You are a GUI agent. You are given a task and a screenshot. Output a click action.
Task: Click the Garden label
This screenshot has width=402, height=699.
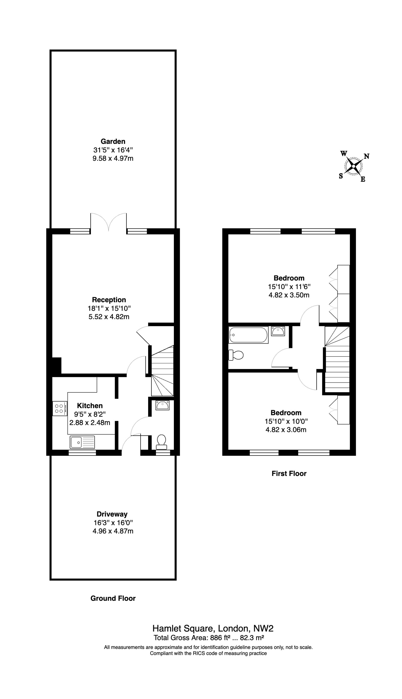(113, 141)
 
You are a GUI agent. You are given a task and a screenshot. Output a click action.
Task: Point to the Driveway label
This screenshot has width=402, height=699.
(112, 514)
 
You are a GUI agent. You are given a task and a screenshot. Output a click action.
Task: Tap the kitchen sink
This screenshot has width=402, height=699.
(82, 442)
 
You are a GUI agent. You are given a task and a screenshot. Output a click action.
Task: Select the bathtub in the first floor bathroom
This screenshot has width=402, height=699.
(248, 335)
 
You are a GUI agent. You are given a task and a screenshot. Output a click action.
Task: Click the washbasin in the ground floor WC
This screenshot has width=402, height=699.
(162, 405)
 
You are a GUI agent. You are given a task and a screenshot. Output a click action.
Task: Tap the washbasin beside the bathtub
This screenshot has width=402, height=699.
(278, 331)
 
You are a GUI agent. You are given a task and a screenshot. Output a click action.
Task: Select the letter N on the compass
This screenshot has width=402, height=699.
(367, 156)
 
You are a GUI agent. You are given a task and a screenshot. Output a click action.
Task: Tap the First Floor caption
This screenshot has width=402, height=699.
(289, 474)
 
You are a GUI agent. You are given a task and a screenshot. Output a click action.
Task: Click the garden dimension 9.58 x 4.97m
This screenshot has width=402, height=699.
(113, 158)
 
